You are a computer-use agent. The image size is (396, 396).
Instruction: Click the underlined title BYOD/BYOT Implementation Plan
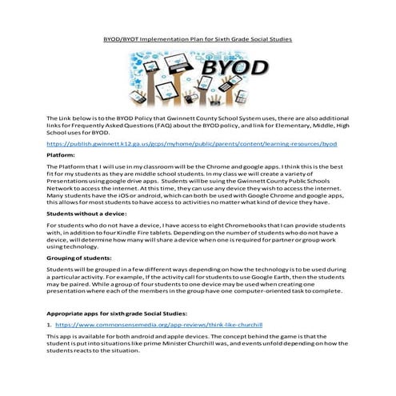[198, 38]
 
